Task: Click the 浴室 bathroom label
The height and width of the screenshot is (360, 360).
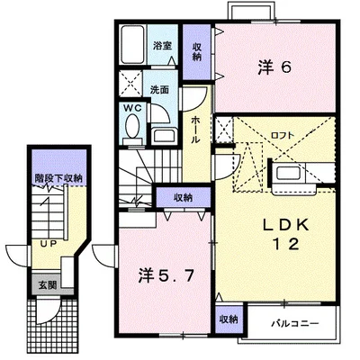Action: (162, 46)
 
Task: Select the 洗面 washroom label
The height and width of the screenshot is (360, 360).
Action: (159, 89)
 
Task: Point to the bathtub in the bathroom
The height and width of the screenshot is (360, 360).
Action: (132, 44)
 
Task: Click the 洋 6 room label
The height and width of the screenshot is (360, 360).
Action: (274, 68)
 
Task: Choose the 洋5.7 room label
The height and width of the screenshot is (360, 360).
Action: (166, 276)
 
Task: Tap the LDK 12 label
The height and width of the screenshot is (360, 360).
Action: (286, 235)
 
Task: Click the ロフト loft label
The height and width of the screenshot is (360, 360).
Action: (283, 135)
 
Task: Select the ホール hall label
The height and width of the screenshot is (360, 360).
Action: (195, 130)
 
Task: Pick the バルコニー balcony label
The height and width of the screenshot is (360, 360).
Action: (295, 324)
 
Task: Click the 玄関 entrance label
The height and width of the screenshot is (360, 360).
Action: (47, 284)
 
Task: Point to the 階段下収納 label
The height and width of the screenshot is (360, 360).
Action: (58, 178)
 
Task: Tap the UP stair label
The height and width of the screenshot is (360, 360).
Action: (49, 244)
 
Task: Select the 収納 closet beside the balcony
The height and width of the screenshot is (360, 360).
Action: (229, 319)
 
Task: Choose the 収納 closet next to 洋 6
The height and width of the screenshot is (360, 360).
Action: (196, 51)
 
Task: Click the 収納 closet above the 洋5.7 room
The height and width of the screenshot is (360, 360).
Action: (183, 197)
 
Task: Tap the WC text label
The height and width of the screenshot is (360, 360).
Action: (132, 108)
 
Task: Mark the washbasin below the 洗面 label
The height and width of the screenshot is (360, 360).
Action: (165, 137)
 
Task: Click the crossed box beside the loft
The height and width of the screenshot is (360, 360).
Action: (224, 130)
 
